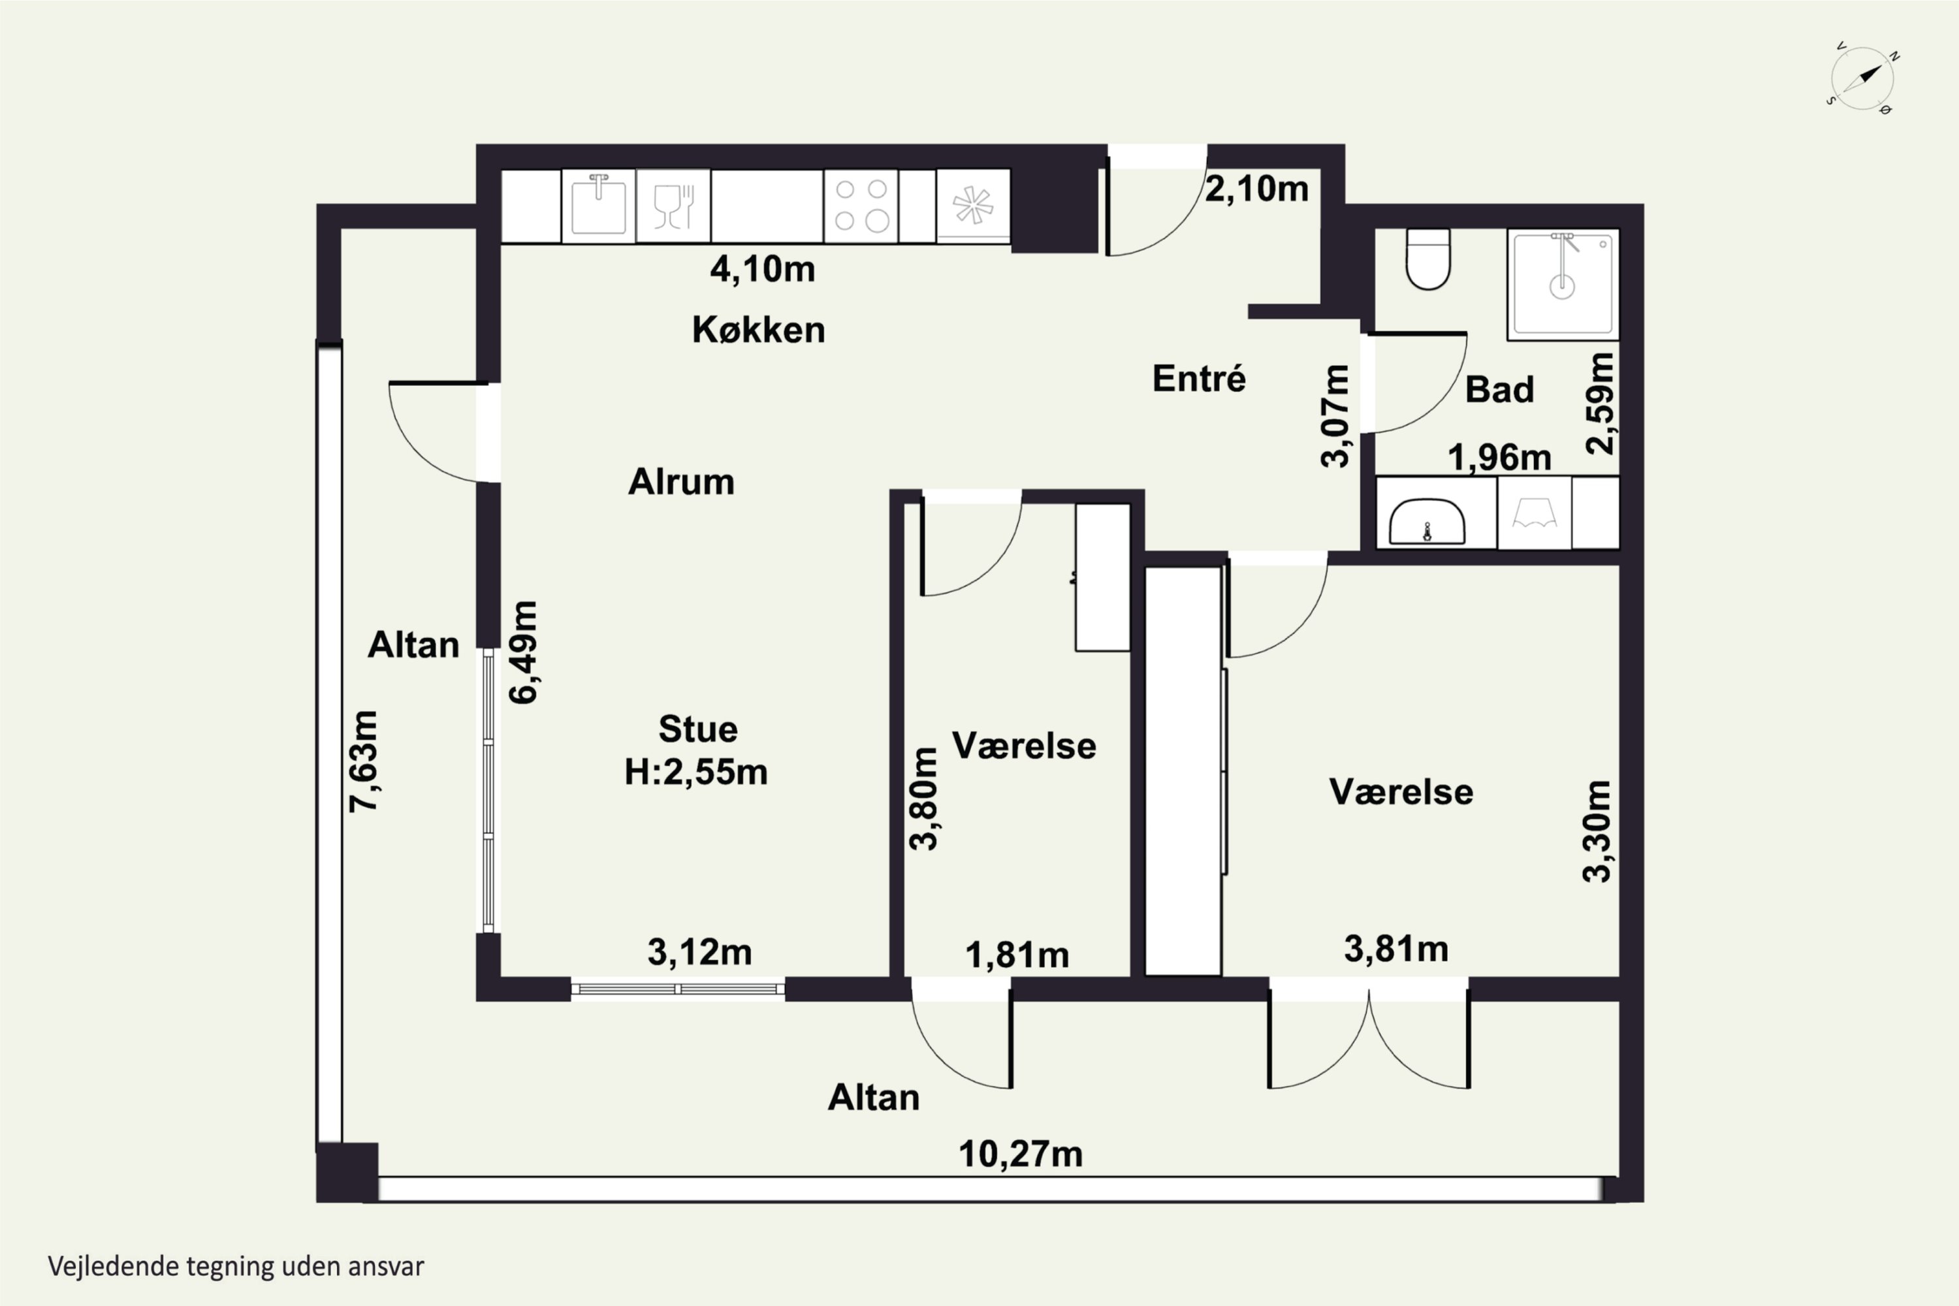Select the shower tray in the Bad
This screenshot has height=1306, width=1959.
pos(1563,284)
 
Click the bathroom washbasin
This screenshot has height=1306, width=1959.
pos(1427,521)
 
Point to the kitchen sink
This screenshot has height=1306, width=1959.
pos(598,206)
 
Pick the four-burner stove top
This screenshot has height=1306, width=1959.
pos(861,206)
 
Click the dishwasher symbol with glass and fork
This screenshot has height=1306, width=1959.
pos(673,206)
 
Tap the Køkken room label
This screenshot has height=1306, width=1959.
pos(759,330)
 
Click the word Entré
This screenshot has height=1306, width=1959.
pos(1198,378)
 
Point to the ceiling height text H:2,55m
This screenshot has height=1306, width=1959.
pos(696,772)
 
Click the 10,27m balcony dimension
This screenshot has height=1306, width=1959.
pos(1020,1155)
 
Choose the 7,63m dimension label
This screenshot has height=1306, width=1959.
pos(364,761)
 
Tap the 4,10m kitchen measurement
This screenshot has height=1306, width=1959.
pos(762,269)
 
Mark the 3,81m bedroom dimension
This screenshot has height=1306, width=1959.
pos(1396,949)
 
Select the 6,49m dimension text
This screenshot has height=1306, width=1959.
pos(524,652)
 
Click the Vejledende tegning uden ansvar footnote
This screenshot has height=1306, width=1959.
pos(236,1267)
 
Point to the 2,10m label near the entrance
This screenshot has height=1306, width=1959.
pos(1257,189)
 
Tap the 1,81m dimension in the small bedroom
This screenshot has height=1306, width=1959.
pos(1017,955)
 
